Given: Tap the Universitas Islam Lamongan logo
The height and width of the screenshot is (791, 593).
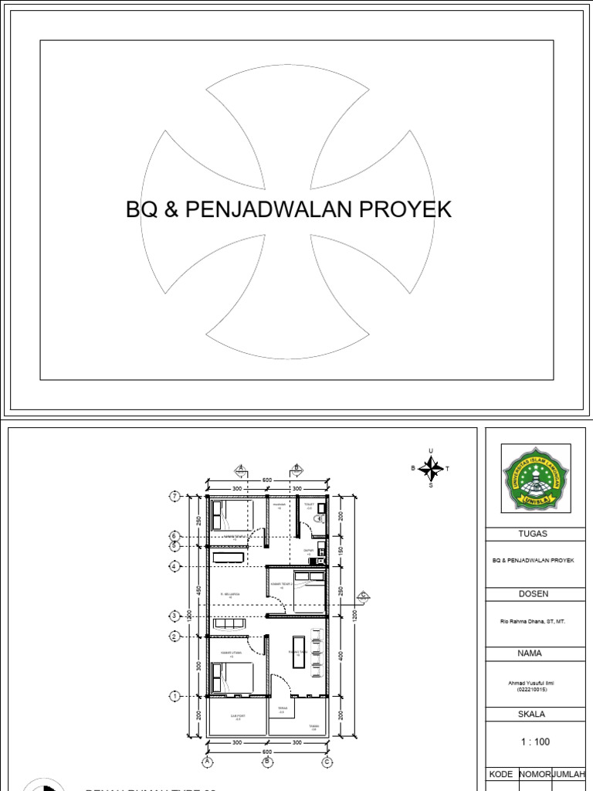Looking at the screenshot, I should click(536, 477).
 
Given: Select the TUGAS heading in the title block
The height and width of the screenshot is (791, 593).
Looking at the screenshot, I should click(535, 534).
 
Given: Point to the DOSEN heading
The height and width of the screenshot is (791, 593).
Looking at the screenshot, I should click(535, 594).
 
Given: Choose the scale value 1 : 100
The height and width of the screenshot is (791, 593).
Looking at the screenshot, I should click(535, 742).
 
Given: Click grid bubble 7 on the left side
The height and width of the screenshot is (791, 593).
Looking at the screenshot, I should click(175, 496).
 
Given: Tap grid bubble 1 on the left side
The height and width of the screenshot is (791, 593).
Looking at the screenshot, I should click(175, 697).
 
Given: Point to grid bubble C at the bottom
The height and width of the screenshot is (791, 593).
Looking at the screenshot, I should click(327, 762).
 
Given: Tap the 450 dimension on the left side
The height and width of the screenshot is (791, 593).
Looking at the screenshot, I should click(198, 591).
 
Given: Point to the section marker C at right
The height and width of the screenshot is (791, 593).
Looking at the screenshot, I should click(361, 595).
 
